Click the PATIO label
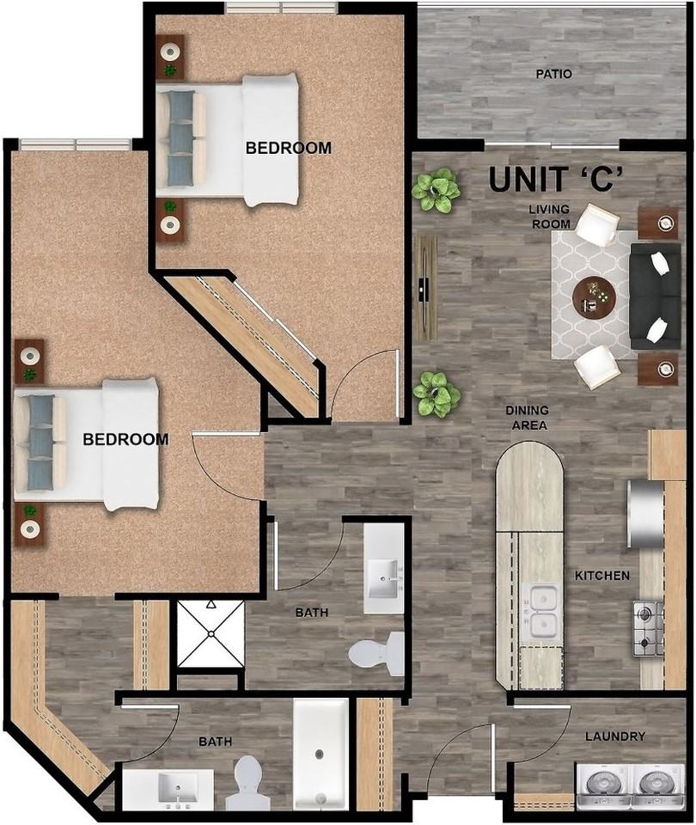tap(554, 74)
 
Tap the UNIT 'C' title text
tap(555, 179)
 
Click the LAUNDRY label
tap(614, 736)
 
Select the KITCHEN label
tap(602, 575)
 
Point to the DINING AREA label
tap(528, 418)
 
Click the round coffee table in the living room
tap(594, 297)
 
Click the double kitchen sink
tap(542, 611)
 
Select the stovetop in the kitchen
tap(648, 628)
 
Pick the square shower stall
tap(210, 635)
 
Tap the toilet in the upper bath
tap(379, 653)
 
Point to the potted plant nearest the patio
tap(436, 190)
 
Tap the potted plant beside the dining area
tap(437, 394)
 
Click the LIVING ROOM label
tap(550, 217)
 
